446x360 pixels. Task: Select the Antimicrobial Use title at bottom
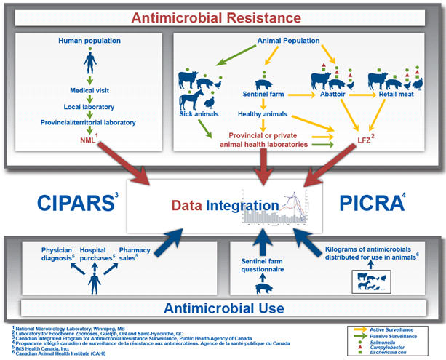pyautogui.click(x=222, y=308)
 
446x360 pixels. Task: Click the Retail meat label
pyautogui.click(x=395, y=95)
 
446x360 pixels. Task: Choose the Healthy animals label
pyautogui.click(x=262, y=114)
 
